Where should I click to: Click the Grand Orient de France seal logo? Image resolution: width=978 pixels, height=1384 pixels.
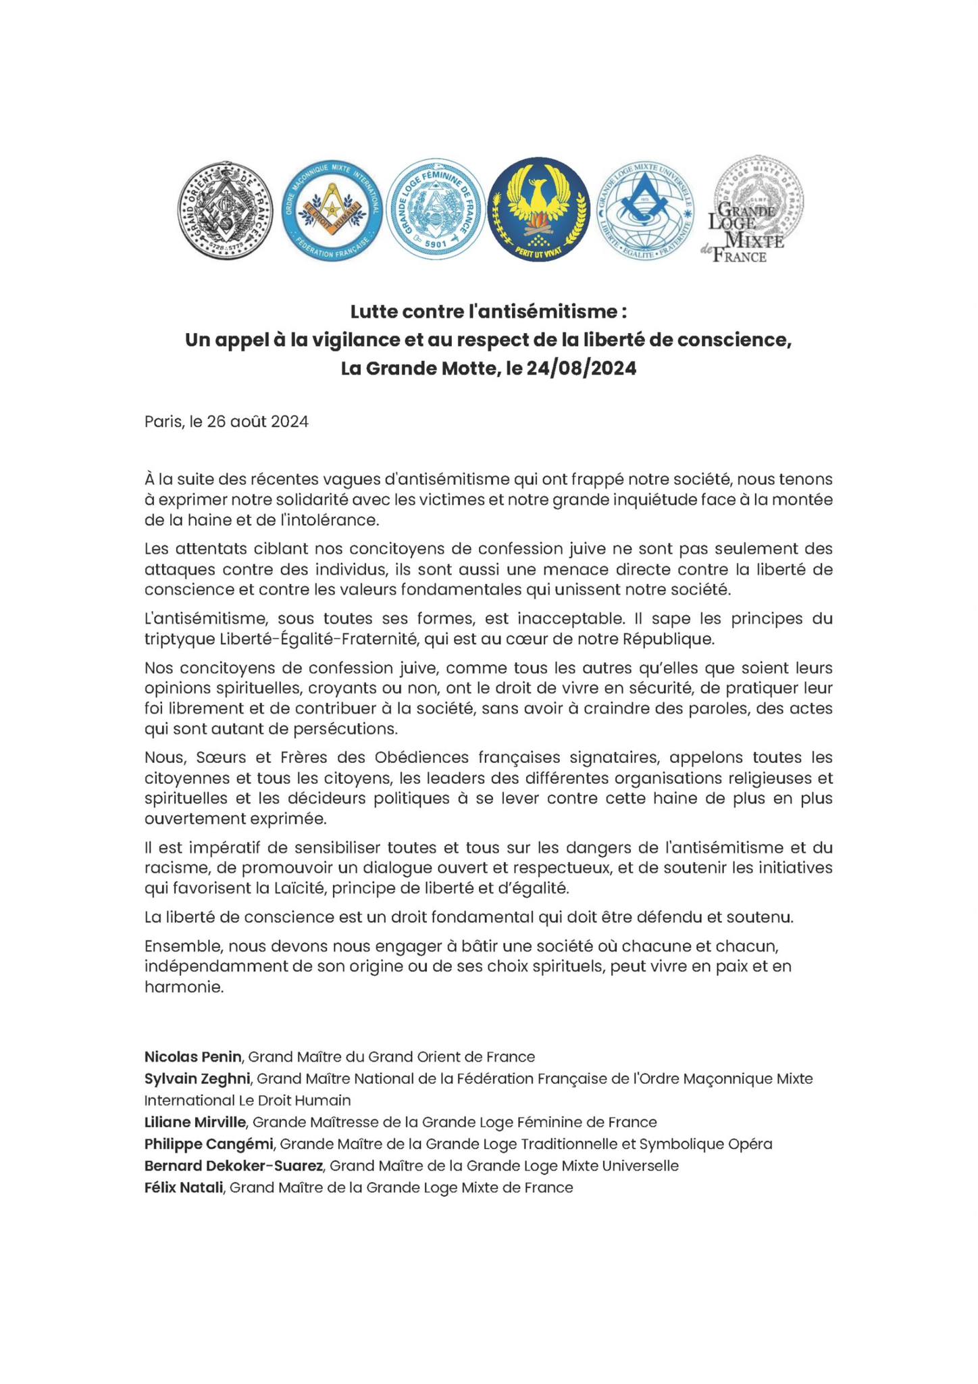coord(225,210)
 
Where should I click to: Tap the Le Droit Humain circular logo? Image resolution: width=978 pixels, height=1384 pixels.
coord(330,211)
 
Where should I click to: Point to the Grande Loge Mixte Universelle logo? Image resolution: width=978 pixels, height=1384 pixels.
coord(644,210)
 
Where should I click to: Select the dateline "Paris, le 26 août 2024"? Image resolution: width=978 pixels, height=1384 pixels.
coord(226,422)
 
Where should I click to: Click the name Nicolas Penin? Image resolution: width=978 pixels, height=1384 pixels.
coord(192,1056)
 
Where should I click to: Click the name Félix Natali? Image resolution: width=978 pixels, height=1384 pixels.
coord(184,1187)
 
